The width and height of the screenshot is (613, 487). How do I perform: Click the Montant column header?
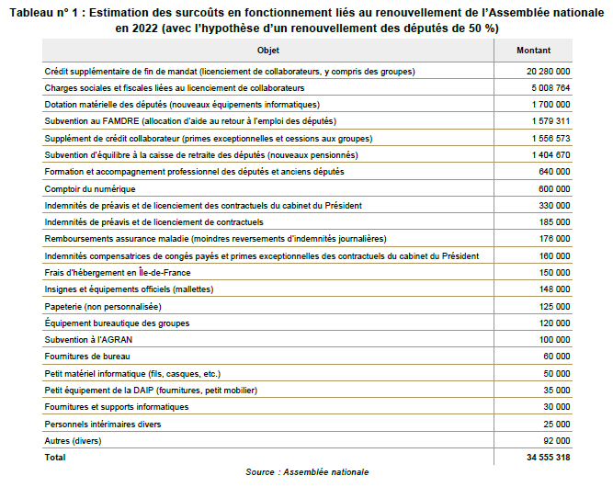coord(534,50)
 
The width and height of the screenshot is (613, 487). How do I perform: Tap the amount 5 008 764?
coord(551,88)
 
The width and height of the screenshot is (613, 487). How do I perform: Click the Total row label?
coord(55,457)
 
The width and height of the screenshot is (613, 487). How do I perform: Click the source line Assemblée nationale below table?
coord(307,472)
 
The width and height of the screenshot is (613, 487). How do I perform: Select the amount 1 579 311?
coord(551,121)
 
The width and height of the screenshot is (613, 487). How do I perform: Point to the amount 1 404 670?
coord(551,155)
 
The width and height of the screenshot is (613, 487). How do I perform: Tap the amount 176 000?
coord(555,239)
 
